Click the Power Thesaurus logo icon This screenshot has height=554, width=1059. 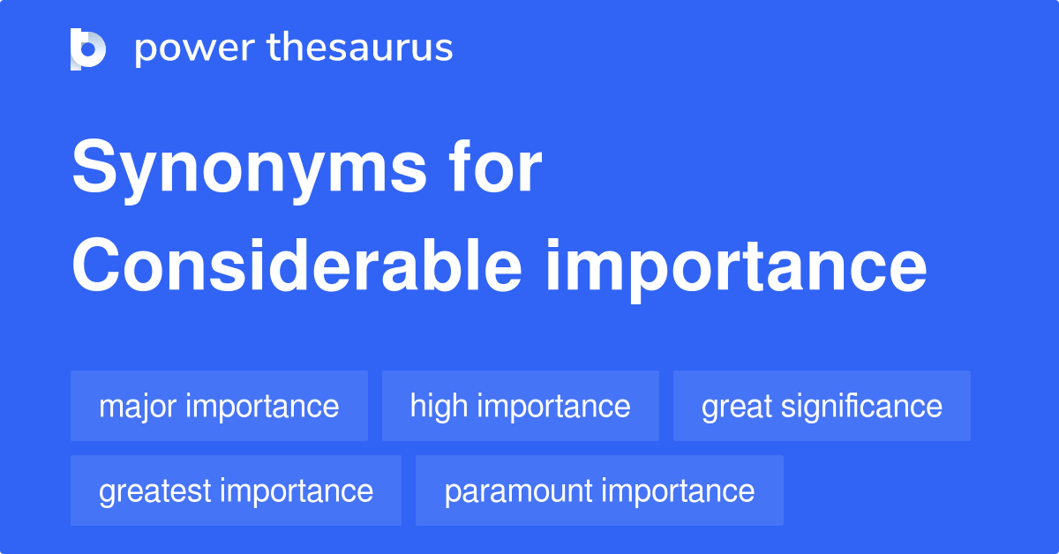[x=88, y=49]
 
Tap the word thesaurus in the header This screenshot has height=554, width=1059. [x=360, y=49]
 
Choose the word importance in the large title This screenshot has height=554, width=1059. [x=736, y=266]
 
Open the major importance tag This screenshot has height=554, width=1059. [x=219, y=406]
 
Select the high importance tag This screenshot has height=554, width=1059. [x=520, y=406]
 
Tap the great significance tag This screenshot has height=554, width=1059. [x=822, y=406]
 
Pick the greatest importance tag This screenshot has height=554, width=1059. [x=236, y=490]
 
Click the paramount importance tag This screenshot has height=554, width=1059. [x=599, y=490]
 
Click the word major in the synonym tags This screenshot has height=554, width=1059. [x=136, y=407]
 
